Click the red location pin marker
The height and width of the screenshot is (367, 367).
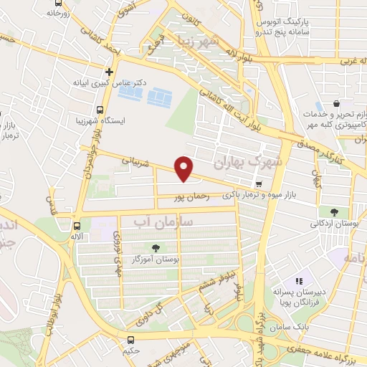point(184,168)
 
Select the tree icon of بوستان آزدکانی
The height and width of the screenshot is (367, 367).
point(333,211)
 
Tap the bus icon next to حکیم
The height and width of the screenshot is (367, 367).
point(130,340)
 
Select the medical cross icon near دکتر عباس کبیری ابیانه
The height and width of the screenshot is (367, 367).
point(109,72)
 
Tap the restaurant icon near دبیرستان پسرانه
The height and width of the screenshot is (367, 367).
point(300,282)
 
